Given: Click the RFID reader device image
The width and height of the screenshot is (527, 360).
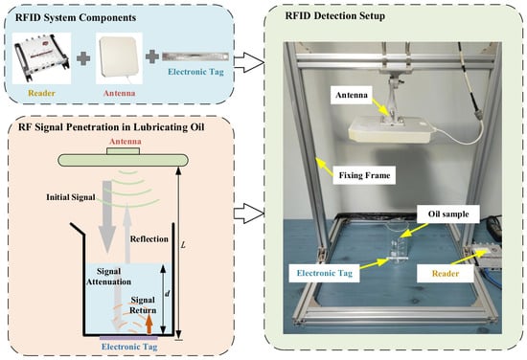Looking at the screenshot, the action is tap(41, 57).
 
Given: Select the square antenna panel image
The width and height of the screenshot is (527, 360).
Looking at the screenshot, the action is tap(119, 58).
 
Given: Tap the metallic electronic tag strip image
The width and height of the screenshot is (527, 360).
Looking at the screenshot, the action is tap(195, 56).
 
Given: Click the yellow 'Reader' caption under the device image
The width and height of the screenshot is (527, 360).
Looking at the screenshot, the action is tap(41, 93).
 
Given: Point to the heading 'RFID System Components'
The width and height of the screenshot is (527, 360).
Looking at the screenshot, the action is tap(76, 17).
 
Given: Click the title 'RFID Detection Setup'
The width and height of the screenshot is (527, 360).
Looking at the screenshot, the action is tap(335, 15).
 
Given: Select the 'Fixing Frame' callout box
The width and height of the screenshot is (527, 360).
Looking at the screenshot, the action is tap(364, 175).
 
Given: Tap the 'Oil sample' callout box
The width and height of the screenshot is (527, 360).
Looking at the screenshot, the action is tap(448, 214).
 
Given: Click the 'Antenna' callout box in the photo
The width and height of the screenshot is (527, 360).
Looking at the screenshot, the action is tap(352, 95).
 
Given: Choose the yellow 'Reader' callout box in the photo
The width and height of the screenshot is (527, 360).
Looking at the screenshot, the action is tap(446, 274).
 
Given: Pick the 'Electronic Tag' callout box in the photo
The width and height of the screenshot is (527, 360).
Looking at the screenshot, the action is tap(325, 273).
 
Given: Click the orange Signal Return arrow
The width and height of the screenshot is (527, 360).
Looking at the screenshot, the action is tap(149, 324).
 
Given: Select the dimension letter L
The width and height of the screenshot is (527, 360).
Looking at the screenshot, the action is tap(183, 245).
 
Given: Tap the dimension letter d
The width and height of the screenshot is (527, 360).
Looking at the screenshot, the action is tap(168, 294).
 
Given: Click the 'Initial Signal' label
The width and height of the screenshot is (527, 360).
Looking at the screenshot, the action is tap(71, 197).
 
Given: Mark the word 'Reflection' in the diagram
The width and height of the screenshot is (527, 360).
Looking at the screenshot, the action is tap(149, 239).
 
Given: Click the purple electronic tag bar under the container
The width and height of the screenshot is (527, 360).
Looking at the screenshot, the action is tap(128, 338).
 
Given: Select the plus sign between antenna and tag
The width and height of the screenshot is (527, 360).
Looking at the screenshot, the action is tap(152, 56).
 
